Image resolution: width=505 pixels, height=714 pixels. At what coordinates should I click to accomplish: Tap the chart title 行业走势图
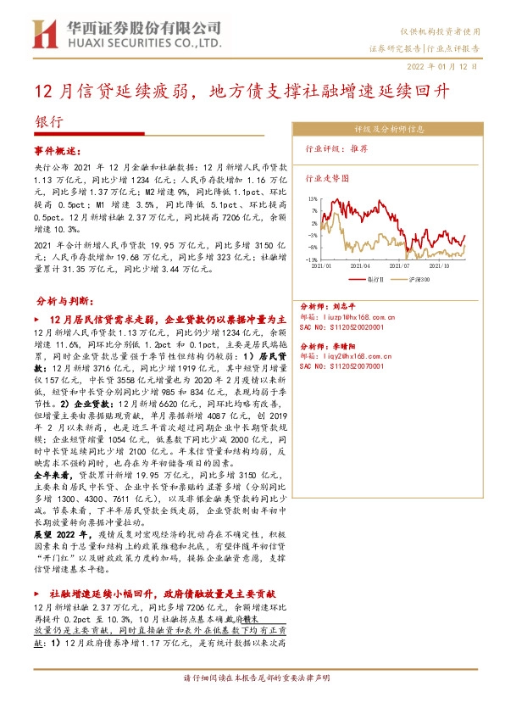[325, 179]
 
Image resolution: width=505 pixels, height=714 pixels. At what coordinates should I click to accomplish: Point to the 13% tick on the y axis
[313, 198]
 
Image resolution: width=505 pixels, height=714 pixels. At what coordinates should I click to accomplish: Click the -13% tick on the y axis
[312, 259]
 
